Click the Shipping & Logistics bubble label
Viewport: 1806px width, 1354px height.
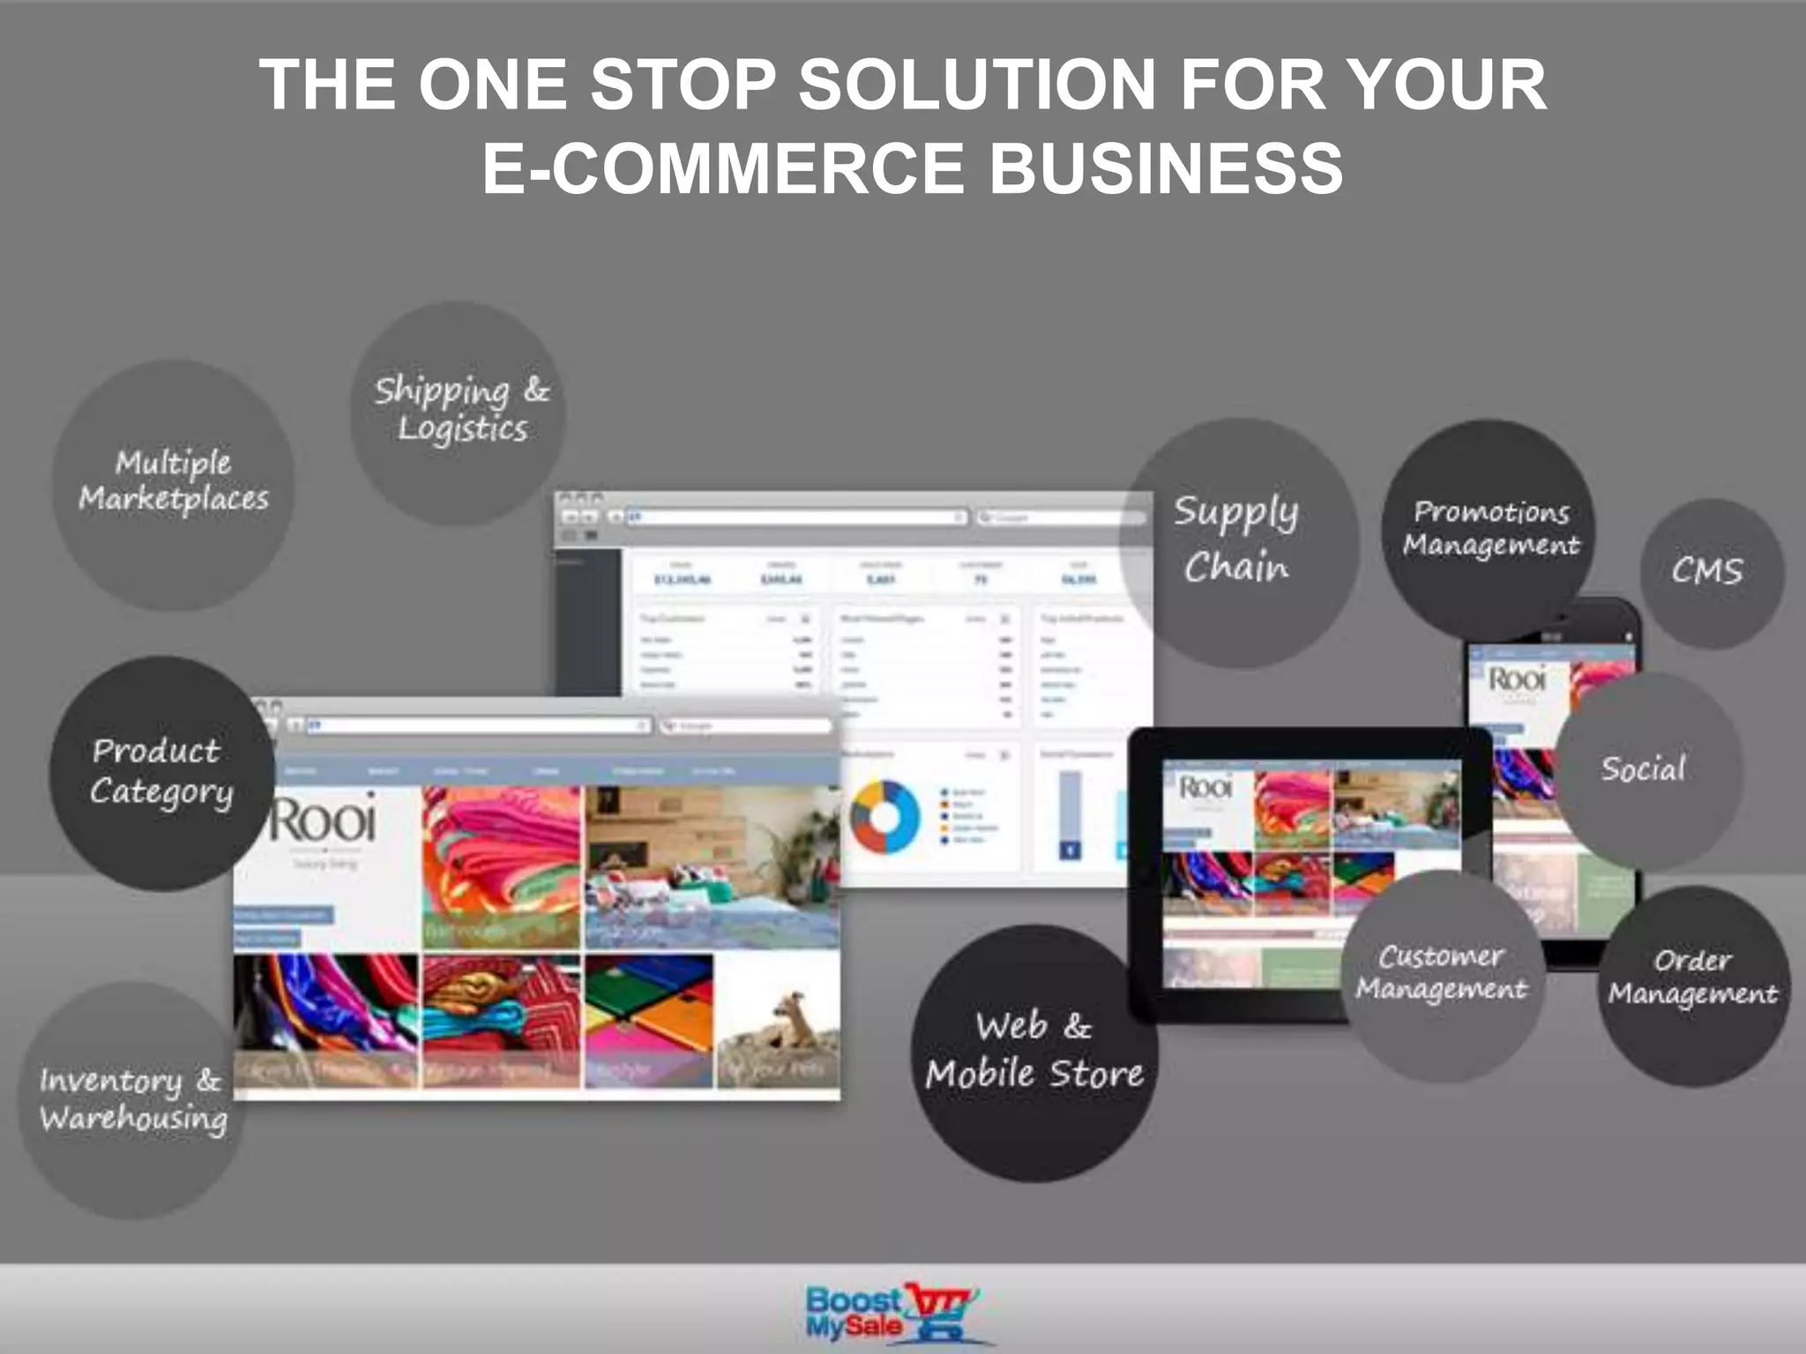pos(461,409)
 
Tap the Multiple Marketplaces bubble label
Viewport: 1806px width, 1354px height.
pos(174,481)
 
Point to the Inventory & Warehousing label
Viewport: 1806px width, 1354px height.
pos(132,1099)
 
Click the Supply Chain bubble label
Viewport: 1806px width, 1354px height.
pos(1235,539)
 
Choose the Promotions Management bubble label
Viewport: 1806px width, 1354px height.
pos(1491,528)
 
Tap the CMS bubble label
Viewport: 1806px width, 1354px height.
pos(1707,571)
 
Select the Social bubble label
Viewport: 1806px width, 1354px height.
pos(1643,769)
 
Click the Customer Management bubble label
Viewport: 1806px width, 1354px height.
pos(1442,972)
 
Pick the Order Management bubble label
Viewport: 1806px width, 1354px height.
pos(1692,977)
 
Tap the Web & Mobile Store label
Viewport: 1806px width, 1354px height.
pos(1034,1050)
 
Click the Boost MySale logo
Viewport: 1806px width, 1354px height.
pos(892,1313)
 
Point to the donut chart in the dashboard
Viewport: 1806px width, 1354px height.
pos(884,816)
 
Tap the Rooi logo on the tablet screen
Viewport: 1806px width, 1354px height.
pos(1205,787)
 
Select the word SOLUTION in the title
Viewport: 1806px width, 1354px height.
pos(977,85)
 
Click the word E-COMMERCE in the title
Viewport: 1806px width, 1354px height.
pos(723,168)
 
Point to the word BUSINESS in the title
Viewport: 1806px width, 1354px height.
pos(1166,168)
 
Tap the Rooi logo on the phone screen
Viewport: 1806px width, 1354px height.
pos(1517,680)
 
